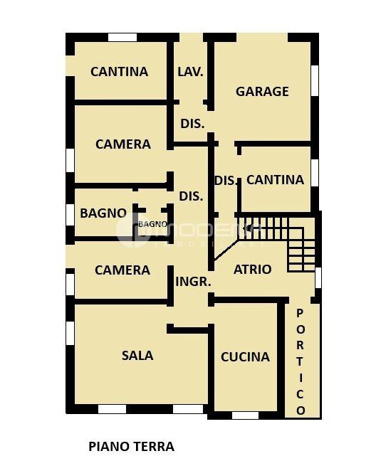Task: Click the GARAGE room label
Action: [x=262, y=91]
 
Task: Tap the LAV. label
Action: [x=191, y=71]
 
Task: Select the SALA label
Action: [x=137, y=355]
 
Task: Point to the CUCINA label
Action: [x=245, y=356]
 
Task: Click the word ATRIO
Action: [x=253, y=269]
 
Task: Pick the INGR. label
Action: [x=193, y=281]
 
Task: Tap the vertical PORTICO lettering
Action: [x=301, y=361]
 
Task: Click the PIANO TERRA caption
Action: [x=131, y=447]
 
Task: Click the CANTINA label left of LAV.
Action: [x=119, y=71]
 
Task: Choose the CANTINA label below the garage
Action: [x=275, y=179]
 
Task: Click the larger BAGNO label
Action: [x=103, y=213]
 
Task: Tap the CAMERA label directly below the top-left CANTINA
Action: [x=123, y=144]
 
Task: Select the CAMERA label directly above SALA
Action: [x=122, y=270]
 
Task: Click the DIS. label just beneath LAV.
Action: [x=192, y=123]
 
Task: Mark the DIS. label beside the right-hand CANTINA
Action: [x=226, y=180]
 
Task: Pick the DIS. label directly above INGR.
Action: [x=191, y=196]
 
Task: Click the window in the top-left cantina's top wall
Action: [x=122, y=37]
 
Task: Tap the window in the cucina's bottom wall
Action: [x=246, y=415]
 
